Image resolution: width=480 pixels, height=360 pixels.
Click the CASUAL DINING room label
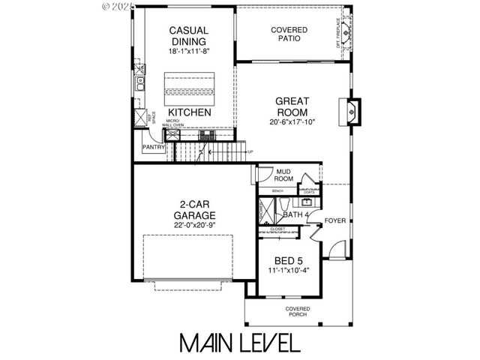188,35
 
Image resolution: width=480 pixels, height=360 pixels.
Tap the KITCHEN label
187,112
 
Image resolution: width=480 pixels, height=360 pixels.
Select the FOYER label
335,220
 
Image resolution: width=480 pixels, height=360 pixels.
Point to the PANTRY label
153,148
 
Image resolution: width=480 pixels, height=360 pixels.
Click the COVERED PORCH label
298,312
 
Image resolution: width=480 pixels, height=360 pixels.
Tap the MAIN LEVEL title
239,342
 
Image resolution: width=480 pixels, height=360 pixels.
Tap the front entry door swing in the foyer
340,248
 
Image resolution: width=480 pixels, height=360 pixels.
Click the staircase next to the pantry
210,154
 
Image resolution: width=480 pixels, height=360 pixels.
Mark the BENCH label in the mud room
277,191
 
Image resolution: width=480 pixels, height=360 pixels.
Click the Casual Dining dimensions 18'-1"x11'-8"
188,52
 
